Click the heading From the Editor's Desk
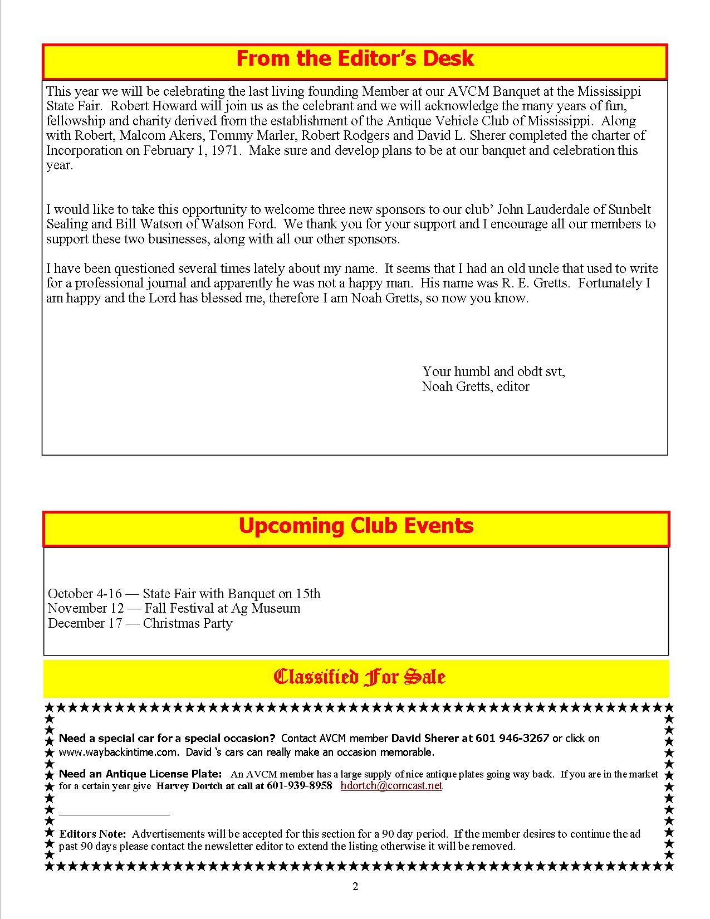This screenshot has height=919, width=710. pyautogui.click(x=355, y=59)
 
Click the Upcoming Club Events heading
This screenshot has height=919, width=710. pyautogui.click(x=356, y=526)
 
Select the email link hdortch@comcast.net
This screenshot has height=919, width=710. pyautogui.click(x=391, y=786)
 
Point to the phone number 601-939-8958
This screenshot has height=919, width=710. pyautogui.click(x=300, y=786)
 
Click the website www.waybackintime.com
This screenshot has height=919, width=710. pyautogui.click(x=117, y=752)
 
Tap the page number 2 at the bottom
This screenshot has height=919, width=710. pyautogui.click(x=355, y=887)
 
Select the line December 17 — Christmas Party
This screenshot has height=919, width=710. pyautogui.click(x=140, y=623)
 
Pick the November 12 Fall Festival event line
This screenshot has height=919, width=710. pyautogui.click(x=174, y=608)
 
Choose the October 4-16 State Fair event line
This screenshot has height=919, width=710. pyautogui.click(x=184, y=594)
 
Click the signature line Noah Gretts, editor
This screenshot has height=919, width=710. pyautogui.click(x=476, y=387)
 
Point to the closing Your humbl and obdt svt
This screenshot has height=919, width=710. pyautogui.click(x=493, y=371)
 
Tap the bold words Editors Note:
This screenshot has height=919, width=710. pyautogui.click(x=93, y=834)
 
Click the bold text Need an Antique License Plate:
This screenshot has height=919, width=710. pyautogui.click(x=140, y=774)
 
